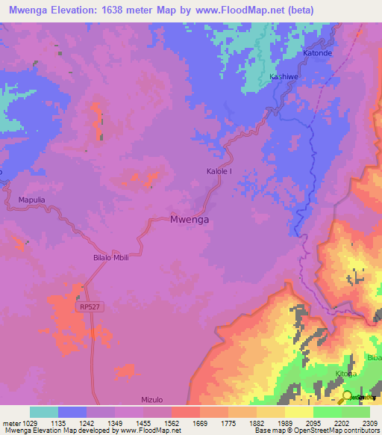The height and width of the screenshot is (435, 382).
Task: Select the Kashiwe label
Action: (284, 78)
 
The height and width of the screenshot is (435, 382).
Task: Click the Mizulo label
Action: (152, 400)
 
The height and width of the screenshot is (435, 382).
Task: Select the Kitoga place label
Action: (345, 373)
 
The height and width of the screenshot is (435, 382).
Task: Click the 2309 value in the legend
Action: (369, 422)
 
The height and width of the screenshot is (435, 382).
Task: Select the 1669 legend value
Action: (200, 422)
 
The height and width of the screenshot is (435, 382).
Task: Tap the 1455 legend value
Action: (143, 422)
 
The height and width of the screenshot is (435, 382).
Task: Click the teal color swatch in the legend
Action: (43, 412)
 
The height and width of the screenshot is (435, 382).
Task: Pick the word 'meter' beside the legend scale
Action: (11, 422)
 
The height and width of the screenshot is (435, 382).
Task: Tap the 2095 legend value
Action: (313, 422)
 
